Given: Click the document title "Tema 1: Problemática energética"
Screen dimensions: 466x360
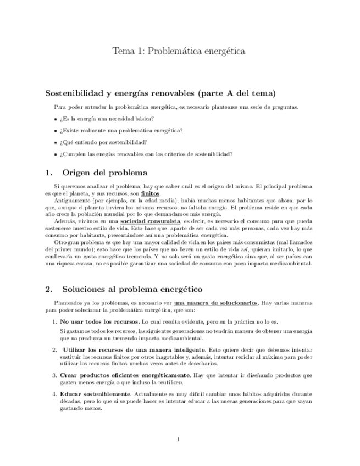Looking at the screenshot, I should click(x=179, y=52).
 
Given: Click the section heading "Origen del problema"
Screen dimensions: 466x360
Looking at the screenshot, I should click(x=104, y=173).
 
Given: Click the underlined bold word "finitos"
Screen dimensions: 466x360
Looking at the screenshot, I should click(x=151, y=194).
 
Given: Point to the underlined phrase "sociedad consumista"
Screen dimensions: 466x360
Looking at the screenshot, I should click(x=150, y=221).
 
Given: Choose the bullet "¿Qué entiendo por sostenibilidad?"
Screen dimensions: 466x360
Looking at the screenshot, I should click(x=103, y=142).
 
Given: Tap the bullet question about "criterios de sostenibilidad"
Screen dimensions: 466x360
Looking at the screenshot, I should click(x=146, y=154).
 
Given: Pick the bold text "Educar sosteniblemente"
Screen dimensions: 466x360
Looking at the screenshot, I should click(x=95, y=394).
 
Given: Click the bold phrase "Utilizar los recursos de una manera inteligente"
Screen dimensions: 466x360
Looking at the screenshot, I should click(x=134, y=349).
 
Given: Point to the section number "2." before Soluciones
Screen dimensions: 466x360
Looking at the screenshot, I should click(x=49, y=289).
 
